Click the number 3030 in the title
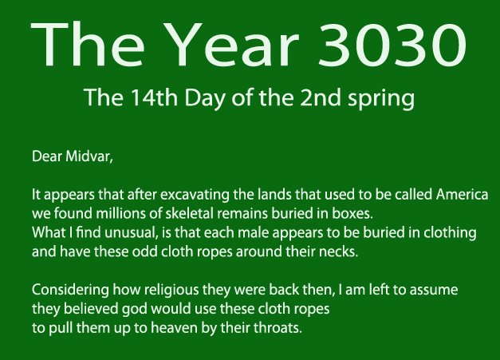[392, 44]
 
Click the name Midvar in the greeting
[89, 156]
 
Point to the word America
[462, 194]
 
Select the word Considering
[70, 291]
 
